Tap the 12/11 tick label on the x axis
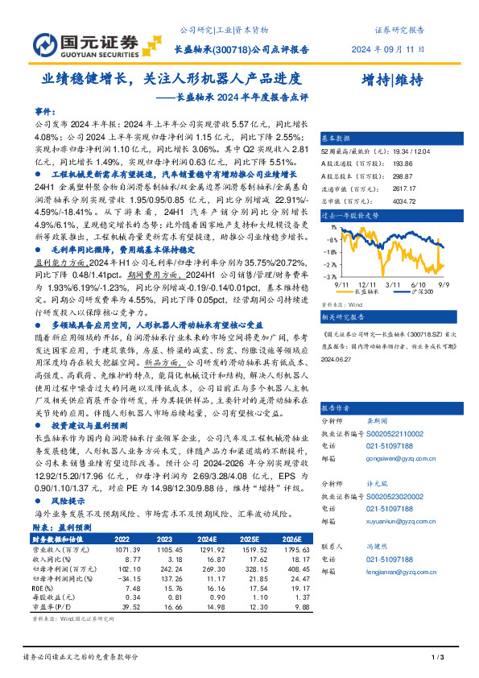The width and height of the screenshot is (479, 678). click(371, 284)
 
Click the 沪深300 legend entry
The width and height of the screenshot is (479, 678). click(417, 291)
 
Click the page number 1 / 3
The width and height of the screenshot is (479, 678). click(438, 659)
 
